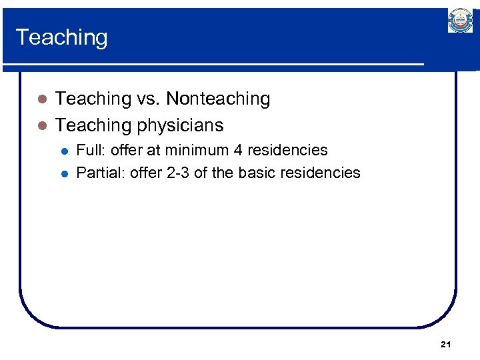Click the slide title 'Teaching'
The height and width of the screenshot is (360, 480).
point(61,37)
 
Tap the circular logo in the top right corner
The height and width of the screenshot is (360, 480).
point(459,21)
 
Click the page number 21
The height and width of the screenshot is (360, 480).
point(446,344)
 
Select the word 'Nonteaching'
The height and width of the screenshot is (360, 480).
point(218,99)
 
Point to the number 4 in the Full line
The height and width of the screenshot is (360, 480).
point(237,150)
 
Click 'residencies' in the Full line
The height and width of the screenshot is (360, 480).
point(287,150)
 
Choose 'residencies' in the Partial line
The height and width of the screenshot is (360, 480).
point(320,173)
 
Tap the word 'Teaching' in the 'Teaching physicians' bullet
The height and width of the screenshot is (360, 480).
point(93,125)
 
